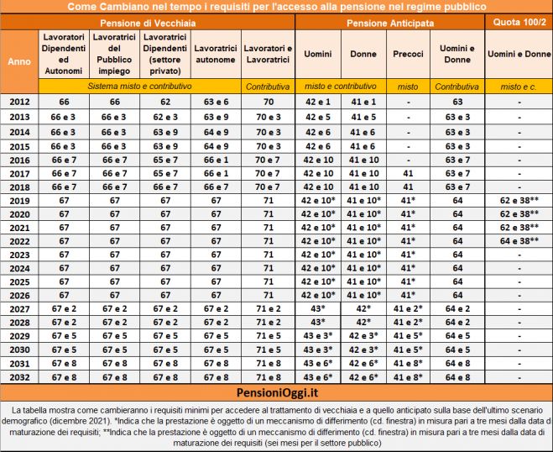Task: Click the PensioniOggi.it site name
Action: coord(277,392)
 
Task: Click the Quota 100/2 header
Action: coord(518,22)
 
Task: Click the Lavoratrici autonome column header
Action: coord(216,54)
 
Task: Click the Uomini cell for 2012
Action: coord(318,102)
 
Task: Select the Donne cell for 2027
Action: coord(363,309)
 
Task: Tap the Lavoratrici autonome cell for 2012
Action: coord(216,102)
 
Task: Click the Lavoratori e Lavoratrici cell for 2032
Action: coord(268,378)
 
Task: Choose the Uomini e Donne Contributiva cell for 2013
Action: coord(456,117)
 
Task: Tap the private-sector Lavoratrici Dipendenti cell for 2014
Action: coord(164,132)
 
